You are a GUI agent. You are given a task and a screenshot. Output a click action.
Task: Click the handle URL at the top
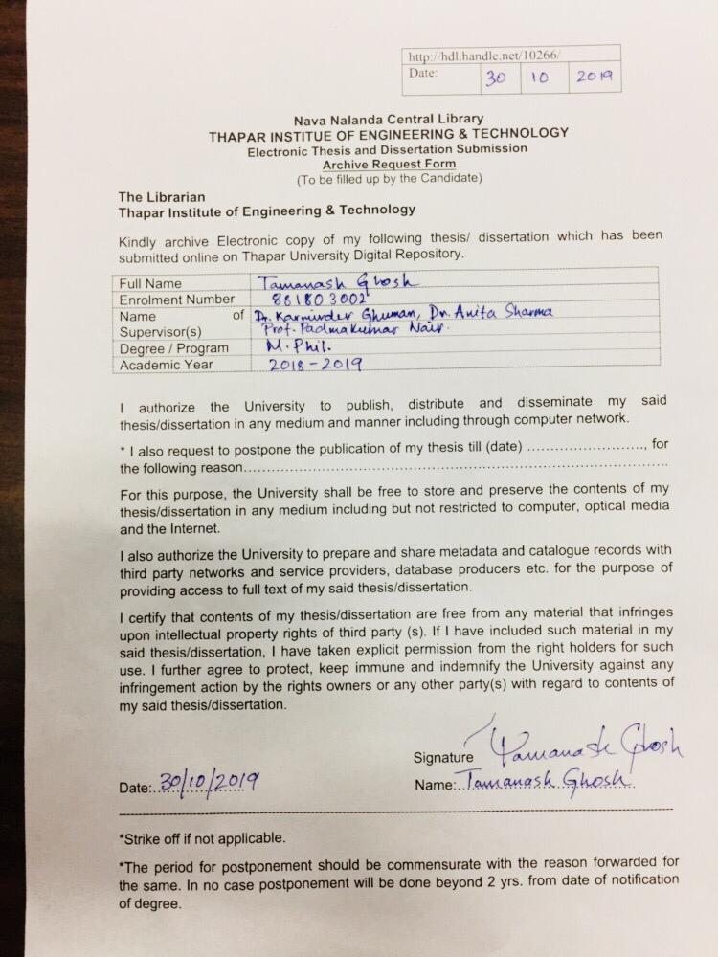coord(482,56)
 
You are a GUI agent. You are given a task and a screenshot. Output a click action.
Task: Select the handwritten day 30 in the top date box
coord(495,78)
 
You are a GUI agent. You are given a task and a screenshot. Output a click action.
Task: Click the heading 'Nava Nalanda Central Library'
coord(389,120)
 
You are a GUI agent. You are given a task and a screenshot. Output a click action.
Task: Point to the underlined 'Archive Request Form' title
coord(388,165)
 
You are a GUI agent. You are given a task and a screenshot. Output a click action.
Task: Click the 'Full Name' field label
coord(151,284)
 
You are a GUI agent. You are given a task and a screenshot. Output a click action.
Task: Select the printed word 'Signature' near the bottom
coord(444,757)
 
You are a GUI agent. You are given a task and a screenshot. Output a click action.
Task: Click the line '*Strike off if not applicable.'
coord(202,838)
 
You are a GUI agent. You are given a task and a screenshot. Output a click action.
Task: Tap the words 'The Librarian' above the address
coord(158,195)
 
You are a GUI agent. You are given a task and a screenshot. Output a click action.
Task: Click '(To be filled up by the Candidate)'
coord(389,179)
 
